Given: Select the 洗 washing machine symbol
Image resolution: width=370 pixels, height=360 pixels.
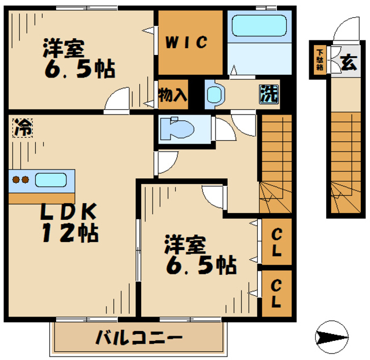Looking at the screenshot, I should pos(268,93).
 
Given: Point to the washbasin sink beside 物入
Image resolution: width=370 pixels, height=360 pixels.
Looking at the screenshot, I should pos(214,94).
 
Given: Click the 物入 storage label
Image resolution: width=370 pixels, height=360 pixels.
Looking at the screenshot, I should pos(173,94).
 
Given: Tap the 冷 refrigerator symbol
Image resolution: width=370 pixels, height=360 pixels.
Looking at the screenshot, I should pos(22,127).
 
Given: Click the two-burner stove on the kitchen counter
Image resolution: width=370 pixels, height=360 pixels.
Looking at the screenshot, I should pos(21,179).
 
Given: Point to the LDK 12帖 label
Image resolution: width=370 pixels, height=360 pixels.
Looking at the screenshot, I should pos(68,223).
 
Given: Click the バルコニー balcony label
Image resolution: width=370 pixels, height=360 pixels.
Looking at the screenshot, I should pos(139,337).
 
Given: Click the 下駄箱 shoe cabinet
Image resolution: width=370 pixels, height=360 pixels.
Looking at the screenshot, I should pos(319,58).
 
